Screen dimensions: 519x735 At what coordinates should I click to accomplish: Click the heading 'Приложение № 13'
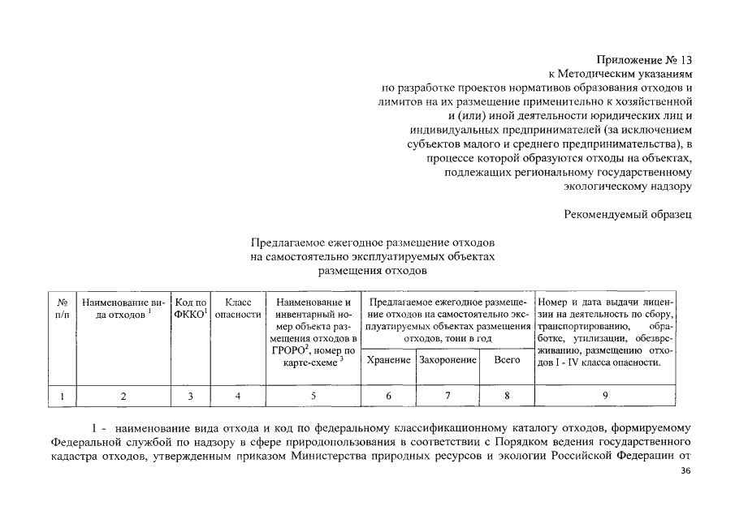[644, 59]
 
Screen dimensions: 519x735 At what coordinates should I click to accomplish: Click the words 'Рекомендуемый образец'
[628, 214]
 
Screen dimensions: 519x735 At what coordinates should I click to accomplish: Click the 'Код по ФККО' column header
[191, 308]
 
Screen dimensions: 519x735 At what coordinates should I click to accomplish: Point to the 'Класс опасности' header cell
[237, 308]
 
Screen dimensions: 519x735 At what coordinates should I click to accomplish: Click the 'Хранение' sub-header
[387, 359]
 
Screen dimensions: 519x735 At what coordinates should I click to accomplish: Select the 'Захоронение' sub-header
[447, 359]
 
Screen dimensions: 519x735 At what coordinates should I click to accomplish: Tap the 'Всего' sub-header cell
[507, 359]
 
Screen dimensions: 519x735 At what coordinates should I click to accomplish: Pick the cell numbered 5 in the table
[313, 396]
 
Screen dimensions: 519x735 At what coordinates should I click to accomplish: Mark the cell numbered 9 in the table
[605, 396]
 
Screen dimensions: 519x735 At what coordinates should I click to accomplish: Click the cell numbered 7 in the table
[447, 396]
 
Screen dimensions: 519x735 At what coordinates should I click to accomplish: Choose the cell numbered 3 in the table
[191, 396]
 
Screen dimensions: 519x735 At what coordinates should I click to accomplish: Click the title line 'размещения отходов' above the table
[372, 270]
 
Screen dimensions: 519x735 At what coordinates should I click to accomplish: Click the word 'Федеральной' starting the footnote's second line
[84, 443]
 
